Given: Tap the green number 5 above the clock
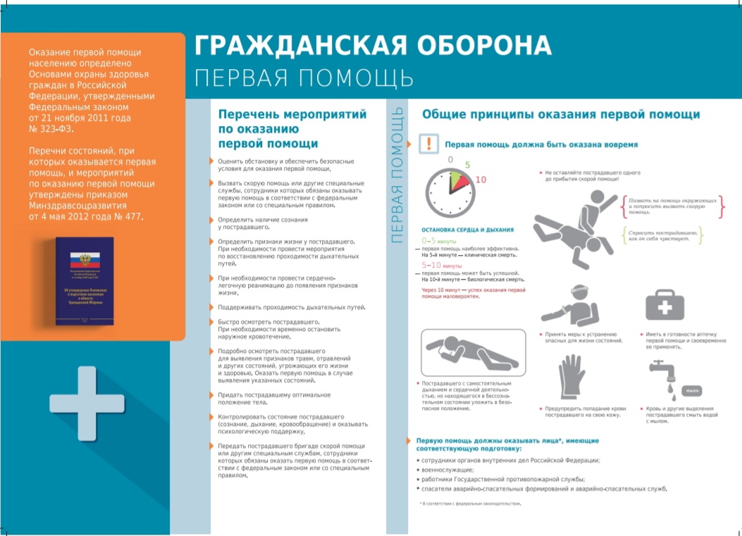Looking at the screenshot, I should (466, 166).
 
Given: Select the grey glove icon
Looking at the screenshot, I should (569, 378).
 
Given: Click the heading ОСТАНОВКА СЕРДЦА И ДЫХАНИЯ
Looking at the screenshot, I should (467, 230).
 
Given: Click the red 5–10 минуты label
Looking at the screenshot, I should (441, 266).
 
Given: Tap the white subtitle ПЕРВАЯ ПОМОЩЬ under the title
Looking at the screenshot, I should (293, 77).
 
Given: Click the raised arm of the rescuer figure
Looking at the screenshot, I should (605, 202).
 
